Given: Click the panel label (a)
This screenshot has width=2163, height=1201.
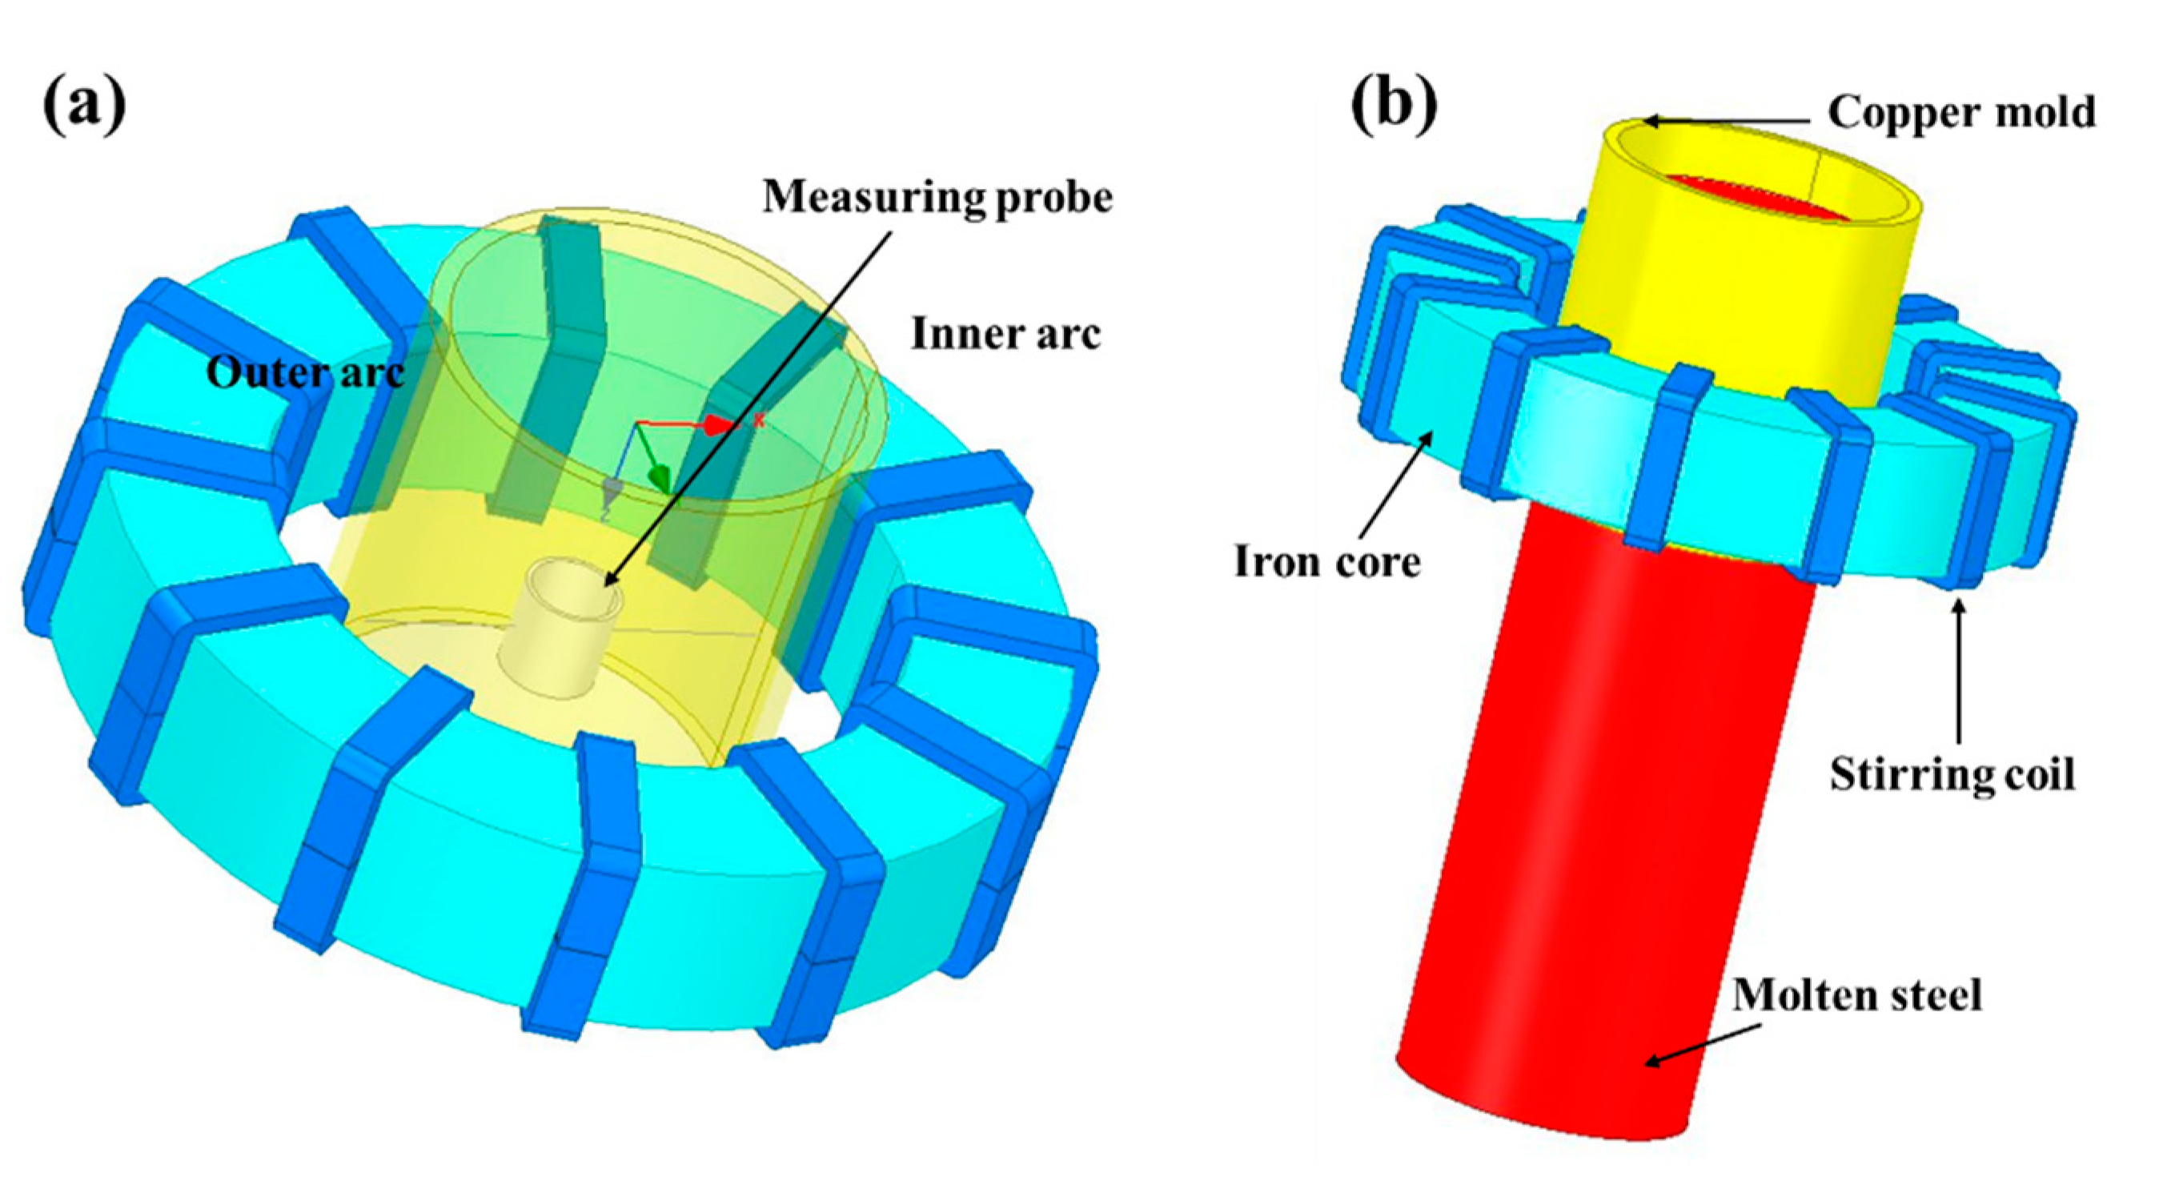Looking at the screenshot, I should click(84, 106).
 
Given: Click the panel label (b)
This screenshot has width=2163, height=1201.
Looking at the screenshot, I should click(1393, 106).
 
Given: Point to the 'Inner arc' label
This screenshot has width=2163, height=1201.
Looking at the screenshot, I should click(1005, 333).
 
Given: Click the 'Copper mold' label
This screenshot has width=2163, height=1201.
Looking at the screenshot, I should click(1961, 112).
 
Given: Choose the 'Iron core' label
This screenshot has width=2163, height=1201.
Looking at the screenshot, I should click(1326, 560).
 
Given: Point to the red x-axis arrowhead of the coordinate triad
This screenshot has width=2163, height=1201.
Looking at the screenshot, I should click(718, 424).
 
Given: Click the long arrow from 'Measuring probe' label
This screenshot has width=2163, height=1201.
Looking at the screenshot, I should click(748, 408).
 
